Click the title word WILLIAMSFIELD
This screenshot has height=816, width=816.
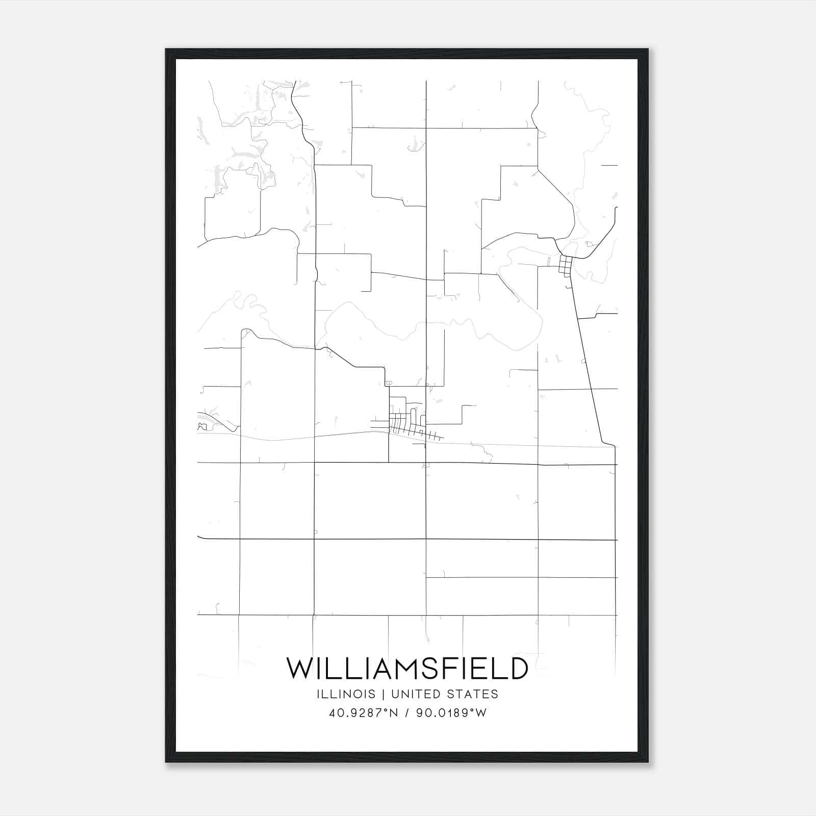[407, 669]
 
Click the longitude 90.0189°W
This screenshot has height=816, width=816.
[452, 713]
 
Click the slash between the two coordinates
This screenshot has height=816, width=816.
[407, 713]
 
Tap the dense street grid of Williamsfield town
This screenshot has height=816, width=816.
[405, 423]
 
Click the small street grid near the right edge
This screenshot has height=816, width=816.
[566, 265]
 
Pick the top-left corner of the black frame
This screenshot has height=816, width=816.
[166, 50]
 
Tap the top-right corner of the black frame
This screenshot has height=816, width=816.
[647, 50]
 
